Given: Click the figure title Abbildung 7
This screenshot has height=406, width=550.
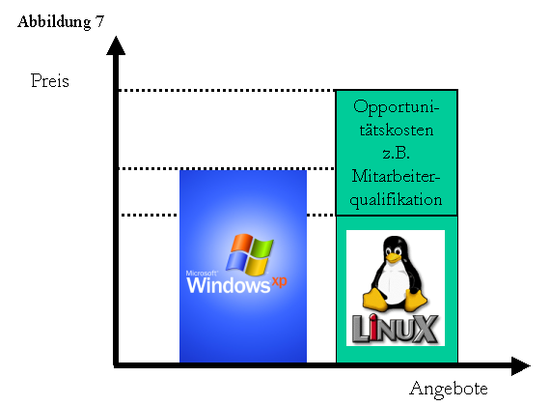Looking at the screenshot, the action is click(x=61, y=22).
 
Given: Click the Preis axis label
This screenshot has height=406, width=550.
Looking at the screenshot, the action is click(x=50, y=80).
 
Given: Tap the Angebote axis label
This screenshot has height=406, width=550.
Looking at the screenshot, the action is click(x=449, y=390).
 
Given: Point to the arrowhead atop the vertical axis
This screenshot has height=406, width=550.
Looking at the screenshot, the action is click(x=116, y=45).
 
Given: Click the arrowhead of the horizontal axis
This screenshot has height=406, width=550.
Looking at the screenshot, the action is click(x=520, y=366).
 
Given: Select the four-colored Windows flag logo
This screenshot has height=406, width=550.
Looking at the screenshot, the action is click(x=249, y=254).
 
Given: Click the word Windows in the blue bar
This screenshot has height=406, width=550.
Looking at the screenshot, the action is click(x=229, y=285).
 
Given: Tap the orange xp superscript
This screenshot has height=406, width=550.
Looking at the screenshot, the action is click(x=279, y=281).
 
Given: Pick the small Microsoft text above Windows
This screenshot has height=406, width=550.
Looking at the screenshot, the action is click(x=201, y=274).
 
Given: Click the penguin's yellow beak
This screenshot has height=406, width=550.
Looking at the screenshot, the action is click(x=394, y=258).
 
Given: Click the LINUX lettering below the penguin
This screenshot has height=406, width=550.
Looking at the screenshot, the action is click(x=395, y=328).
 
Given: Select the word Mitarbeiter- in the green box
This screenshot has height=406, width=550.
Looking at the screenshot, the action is click(x=396, y=176).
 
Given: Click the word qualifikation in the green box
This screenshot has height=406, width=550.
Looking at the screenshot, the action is click(x=396, y=200).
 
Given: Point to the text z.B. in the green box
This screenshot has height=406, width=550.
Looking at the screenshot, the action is click(x=396, y=153).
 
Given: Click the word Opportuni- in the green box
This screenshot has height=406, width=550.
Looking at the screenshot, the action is click(x=396, y=107).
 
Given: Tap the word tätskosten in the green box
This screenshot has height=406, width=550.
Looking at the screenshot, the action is click(x=396, y=130).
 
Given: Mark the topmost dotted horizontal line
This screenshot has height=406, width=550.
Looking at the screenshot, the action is click(x=228, y=90).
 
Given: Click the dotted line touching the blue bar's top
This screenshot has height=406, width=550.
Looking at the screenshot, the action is click(x=228, y=169).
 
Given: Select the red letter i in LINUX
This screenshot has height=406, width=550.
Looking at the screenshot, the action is click(x=374, y=328).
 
